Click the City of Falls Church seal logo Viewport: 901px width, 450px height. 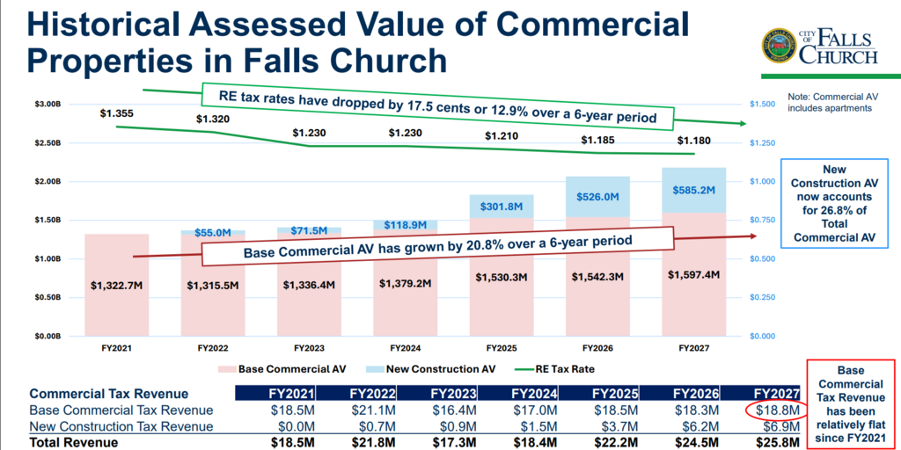tap(779, 46)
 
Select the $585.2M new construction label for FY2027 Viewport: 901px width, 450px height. tap(693, 187)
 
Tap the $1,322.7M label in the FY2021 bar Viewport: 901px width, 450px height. tap(117, 285)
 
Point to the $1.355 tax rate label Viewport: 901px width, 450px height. tap(116, 113)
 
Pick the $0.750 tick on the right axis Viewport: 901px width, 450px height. tap(764, 220)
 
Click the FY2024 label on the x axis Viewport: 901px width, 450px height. tap(405, 348)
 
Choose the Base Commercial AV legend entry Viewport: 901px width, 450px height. tap(282, 368)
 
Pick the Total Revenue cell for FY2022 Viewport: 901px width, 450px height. tap(372, 443)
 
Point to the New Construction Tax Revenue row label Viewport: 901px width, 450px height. tap(121, 426)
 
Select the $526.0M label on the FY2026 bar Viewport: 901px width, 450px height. tap(597, 196)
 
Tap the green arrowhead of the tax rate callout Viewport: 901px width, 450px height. tap(742, 123)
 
